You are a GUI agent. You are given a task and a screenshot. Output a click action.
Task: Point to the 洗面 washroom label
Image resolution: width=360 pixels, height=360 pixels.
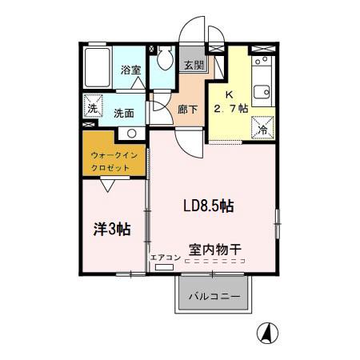pyautogui.click(x=125, y=113)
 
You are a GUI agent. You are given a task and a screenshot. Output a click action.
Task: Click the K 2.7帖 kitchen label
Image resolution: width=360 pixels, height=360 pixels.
pyautogui.click(x=228, y=102)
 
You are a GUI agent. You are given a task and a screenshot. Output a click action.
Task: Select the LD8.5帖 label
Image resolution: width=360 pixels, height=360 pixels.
pyautogui.click(x=208, y=206)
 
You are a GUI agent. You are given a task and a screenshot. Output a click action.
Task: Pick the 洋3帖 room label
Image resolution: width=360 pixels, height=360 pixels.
pyautogui.click(x=111, y=230)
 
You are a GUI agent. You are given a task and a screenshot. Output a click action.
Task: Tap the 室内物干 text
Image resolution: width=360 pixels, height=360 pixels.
pyautogui.click(x=216, y=248)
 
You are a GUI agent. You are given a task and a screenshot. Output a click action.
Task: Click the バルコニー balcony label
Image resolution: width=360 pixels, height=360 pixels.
pyautogui.click(x=214, y=296)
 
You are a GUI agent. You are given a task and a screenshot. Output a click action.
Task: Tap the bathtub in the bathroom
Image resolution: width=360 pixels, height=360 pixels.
pyautogui.click(x=98, y=68)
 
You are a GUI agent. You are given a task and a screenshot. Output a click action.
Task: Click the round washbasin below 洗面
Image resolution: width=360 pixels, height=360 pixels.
pyautogui.click(x=132, y=133)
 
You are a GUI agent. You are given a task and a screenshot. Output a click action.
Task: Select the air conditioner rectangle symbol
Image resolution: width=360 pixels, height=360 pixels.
pyautogui.click(x=164, y=268)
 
